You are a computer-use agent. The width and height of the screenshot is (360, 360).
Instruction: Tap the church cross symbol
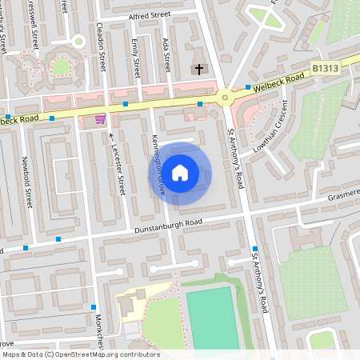coord(199,70)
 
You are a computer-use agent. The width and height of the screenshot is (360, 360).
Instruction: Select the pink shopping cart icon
coord(100,119)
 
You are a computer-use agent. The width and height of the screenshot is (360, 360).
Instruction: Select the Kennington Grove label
coord(157,158)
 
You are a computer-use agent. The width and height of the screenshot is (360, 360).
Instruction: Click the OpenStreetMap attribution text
coord(80,354)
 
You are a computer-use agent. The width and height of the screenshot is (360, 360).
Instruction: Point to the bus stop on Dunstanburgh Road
coord(58,238)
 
